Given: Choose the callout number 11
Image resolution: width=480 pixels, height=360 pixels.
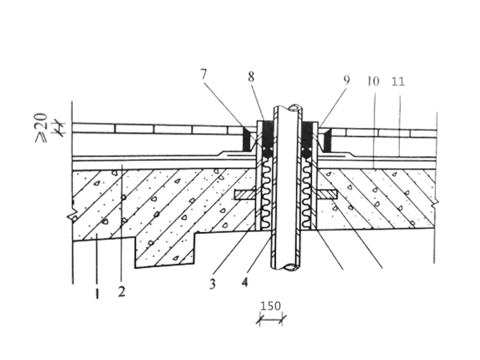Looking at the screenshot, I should [x=398, y=82].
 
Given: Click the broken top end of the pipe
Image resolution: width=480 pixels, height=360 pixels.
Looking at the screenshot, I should [x=286, y=109].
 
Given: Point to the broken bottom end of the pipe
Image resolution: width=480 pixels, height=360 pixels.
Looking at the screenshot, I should [x=286, y=268].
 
